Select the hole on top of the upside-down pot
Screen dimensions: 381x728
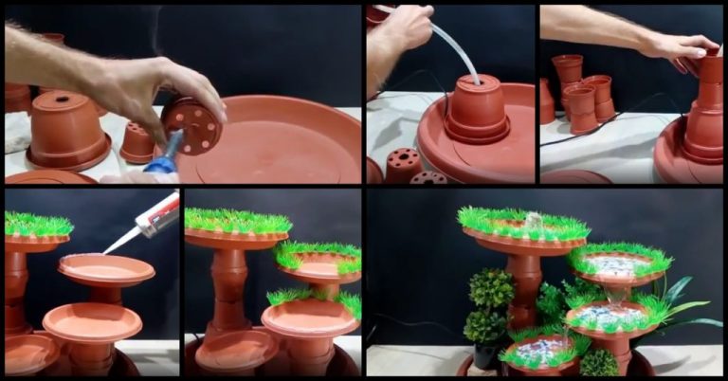(x=59, y=97)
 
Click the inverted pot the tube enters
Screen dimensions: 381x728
(x=477, y=109)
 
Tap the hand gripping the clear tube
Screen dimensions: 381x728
(x=403, y=28)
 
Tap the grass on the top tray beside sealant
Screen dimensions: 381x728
(x=38, y=226)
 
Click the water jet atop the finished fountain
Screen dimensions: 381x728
(x=533, y=220)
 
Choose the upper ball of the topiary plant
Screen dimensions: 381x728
(x=492, y=287)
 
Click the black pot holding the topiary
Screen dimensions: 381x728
(x=486, y=354)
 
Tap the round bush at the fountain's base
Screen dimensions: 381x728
(x=598, y=363)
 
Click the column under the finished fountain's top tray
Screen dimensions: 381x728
(x=524, y=284)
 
